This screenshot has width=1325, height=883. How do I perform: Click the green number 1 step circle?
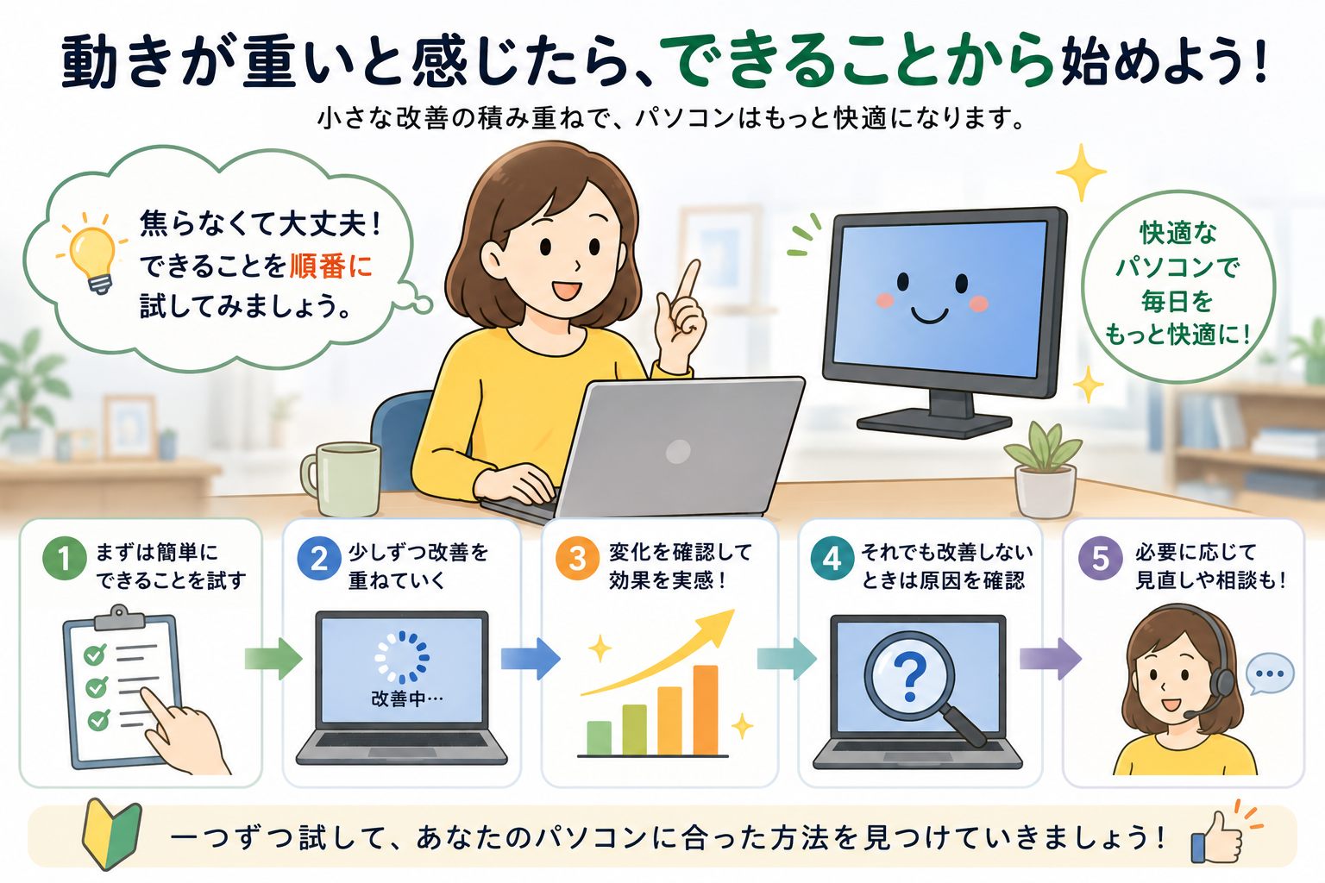pos(65,558)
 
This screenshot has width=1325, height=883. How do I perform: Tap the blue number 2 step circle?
pos(319,558)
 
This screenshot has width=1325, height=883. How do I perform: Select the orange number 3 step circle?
pos(577,558)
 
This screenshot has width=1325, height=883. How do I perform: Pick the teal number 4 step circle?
pos(832,558)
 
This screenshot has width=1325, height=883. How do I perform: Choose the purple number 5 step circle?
pos(1100,558)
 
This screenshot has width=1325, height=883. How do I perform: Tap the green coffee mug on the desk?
pos(342,479)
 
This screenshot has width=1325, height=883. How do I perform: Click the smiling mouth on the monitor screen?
pos(929,315)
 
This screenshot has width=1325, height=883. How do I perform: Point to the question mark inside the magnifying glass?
pos(910,676)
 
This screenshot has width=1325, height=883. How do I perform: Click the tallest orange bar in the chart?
pos(705,710)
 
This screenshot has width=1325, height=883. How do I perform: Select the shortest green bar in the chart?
pos(599,738)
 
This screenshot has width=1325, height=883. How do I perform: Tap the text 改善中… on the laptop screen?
pos(407,699)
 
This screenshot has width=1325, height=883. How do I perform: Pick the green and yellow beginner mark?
pos(112,834)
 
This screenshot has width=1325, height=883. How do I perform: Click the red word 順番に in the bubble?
pos(330,266)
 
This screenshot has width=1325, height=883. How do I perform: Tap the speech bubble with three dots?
pos(1270,673)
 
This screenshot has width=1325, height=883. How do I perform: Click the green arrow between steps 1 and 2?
pos(273,658)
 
